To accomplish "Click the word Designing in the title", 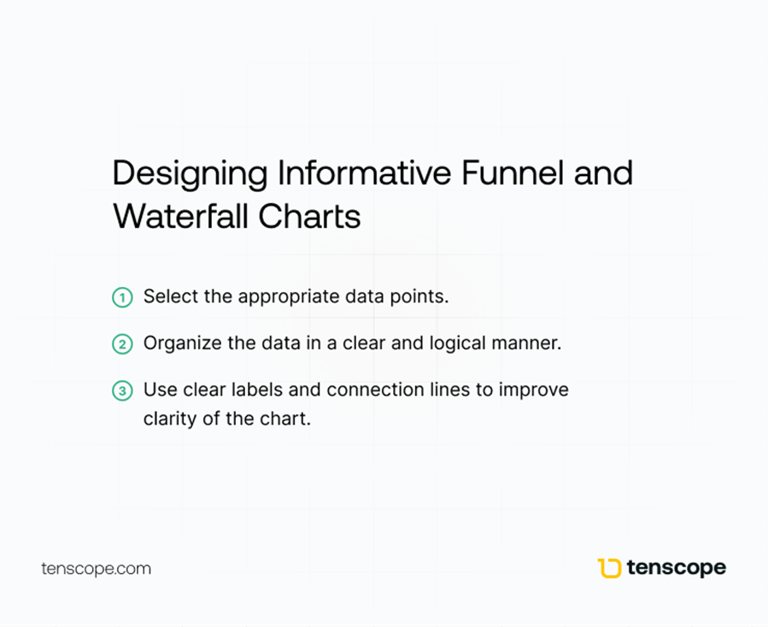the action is [190, 174].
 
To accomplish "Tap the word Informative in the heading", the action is [365, 173].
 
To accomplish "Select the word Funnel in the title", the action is [513, 173].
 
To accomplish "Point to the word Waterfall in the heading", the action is [179, 216].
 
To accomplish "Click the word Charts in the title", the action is [309, 216].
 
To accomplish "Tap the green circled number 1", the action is [122, 297].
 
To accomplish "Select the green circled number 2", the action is [122, 344].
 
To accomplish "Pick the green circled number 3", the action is [122, 391].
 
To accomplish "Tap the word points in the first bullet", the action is [419, 297].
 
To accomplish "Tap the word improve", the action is [534, 391].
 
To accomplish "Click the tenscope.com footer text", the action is [96, 569].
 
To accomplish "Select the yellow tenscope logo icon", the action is [609, 568].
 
